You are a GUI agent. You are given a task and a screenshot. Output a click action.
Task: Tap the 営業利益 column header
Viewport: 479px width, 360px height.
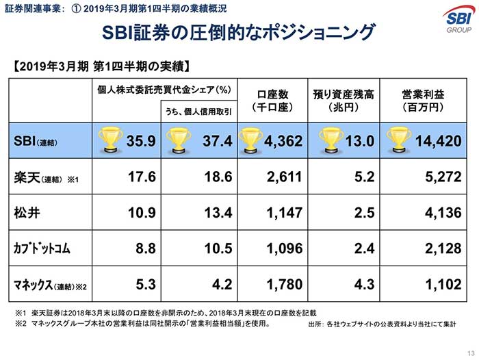[422, 101]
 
